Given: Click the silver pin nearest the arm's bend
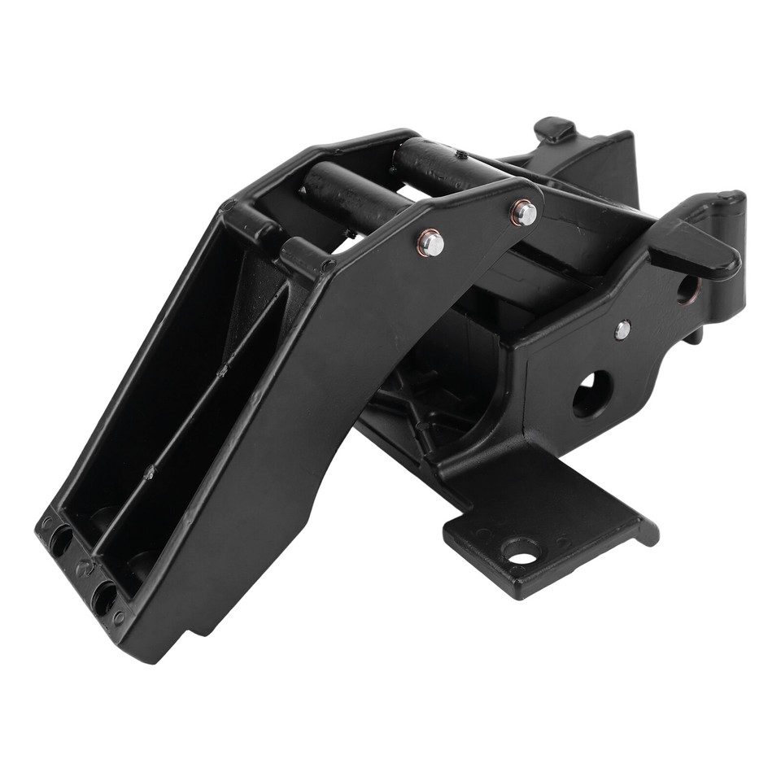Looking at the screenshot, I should coord(431,242).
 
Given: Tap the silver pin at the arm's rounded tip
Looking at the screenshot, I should coord(525,213).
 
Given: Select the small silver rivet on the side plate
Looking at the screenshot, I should coord(622,329).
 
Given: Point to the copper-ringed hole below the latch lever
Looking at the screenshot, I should coord(686,288).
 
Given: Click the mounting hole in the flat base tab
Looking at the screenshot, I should coord(520,552).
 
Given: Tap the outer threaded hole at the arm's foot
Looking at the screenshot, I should coord(59,541).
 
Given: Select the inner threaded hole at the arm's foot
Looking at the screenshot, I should coord(104,597).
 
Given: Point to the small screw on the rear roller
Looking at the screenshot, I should coord(462,155).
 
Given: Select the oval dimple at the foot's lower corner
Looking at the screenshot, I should coord(120,618).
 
